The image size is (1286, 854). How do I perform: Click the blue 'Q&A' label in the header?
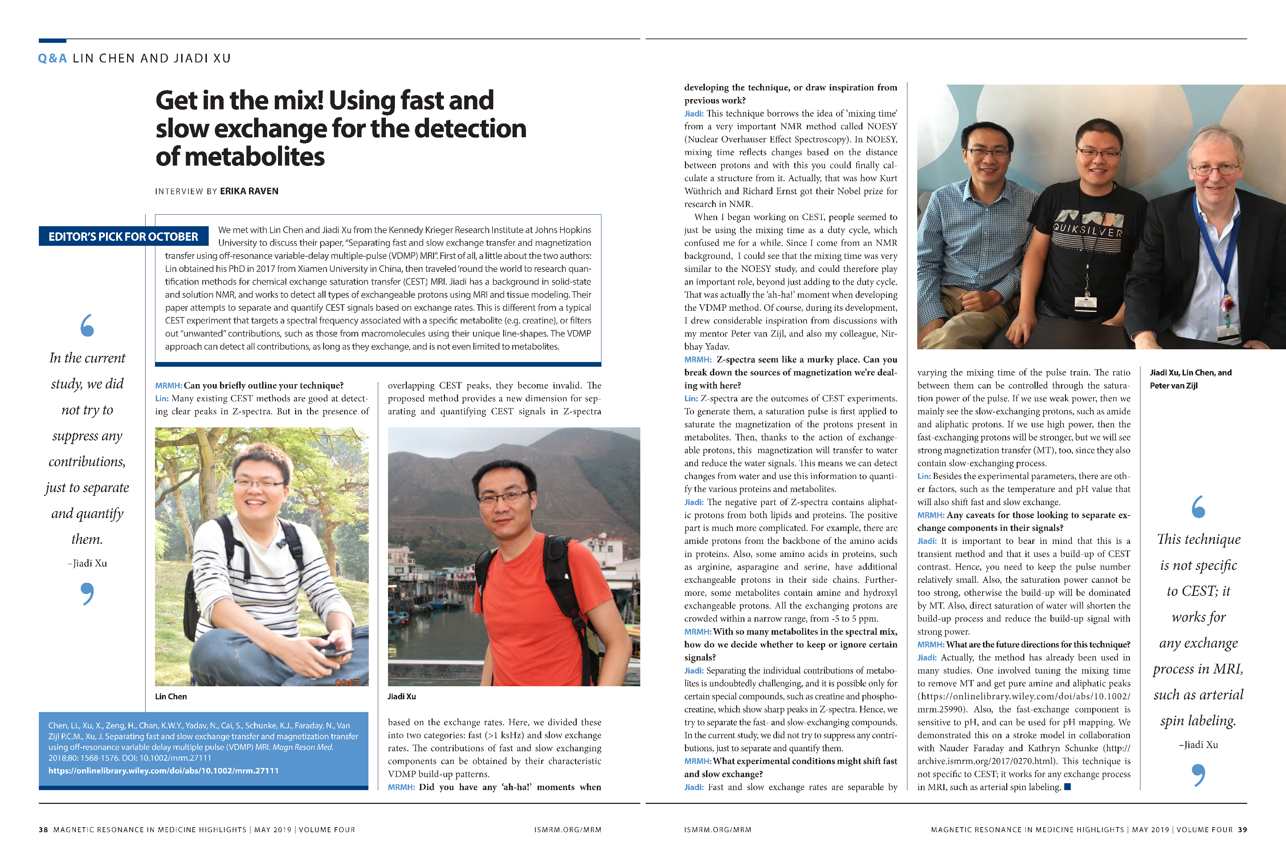click(52, 58)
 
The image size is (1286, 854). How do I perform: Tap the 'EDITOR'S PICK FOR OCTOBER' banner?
click(123, 236)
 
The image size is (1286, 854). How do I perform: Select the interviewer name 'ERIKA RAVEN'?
click(249, 191)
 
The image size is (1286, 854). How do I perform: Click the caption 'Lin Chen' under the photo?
click(171, 696)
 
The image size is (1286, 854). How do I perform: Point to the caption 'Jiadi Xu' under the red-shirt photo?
click(401, 696)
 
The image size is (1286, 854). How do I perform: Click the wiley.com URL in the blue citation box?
click(163, 770)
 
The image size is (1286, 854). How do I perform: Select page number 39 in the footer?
click(1242, 829)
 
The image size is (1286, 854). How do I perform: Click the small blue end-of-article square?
click(1067, 786)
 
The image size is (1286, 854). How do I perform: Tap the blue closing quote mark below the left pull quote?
click(87, 593)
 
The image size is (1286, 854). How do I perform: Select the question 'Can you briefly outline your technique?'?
click(264, 386)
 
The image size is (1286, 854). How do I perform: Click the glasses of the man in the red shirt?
click(504, 497)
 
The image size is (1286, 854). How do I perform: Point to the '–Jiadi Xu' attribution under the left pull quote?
click(87, 563)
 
